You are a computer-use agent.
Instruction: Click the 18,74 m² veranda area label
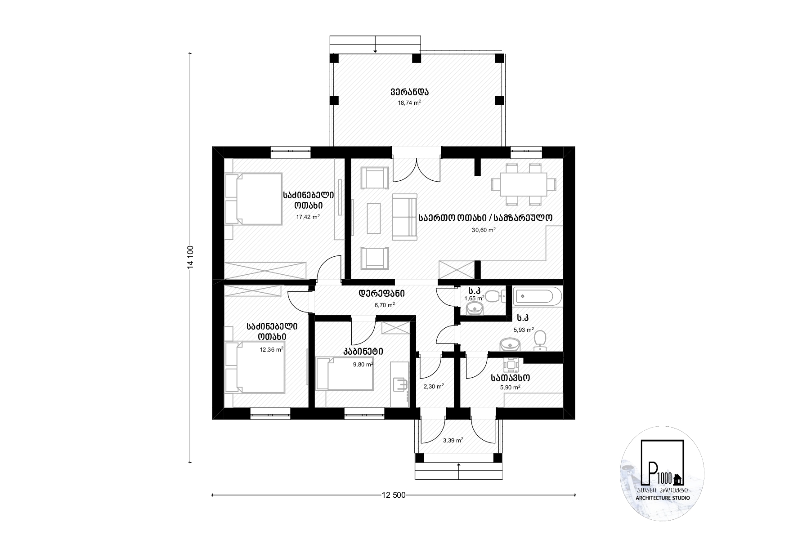tap(409, 103)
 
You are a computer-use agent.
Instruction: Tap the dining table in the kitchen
tap(524, 184)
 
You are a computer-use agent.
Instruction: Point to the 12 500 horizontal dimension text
tap(394, 495)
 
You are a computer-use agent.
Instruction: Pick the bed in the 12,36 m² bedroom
tap(255, 368)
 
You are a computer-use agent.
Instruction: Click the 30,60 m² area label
tap(484, 230)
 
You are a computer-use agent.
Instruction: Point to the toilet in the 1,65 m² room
tap(495, 296)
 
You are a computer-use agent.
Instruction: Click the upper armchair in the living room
tap(375, 178)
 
